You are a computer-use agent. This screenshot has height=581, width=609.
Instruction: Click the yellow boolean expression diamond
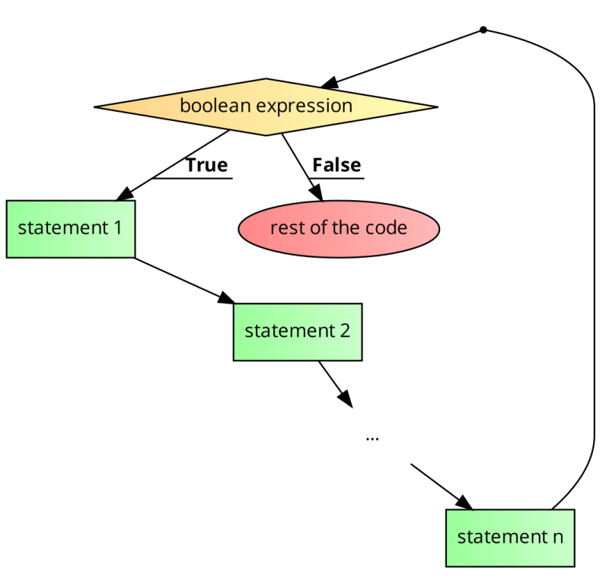coord(266,106)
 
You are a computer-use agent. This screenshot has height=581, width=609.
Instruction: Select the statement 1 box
coord(71,229)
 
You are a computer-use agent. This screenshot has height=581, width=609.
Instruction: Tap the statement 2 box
coord(298,332)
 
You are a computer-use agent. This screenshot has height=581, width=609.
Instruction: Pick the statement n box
coord(510,537)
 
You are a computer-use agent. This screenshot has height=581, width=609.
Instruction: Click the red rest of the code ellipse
coord(339,228)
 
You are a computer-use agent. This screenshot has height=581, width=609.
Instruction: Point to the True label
coord(207,165)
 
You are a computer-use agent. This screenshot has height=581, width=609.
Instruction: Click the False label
coord(336,165)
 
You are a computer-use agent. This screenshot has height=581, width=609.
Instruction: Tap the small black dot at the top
coord(483,30)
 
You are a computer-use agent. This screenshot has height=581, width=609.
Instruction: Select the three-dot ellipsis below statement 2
coord(372,439)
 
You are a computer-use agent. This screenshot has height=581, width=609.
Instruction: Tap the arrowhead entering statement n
coord(464,503)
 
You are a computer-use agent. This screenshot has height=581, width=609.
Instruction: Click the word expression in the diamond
coord(304,106)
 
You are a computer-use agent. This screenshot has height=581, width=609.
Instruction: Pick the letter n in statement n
coord(557,537)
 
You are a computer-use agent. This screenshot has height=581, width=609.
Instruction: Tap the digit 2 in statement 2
coord(345,332)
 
